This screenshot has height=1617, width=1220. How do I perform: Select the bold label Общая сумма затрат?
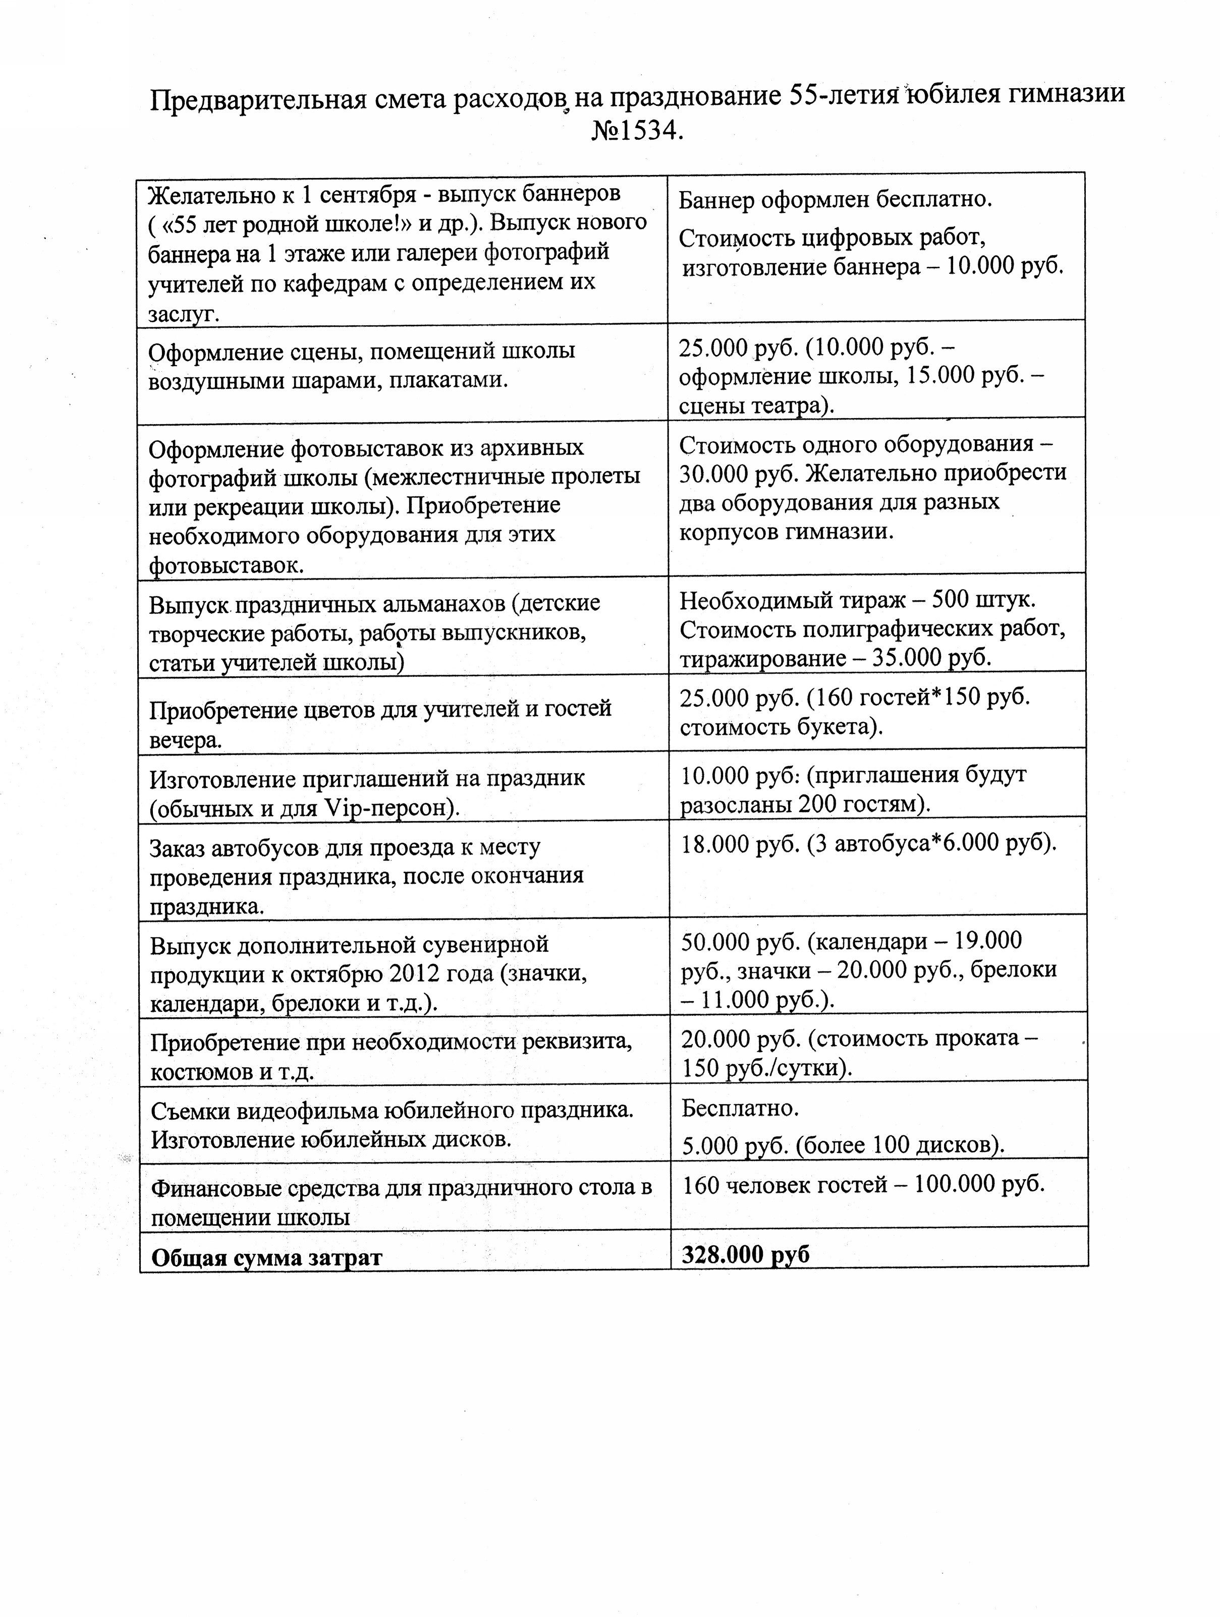(266, 1257)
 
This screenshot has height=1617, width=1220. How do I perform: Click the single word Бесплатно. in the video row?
(740, 1108)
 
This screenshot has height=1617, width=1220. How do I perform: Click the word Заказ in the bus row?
(176, 848)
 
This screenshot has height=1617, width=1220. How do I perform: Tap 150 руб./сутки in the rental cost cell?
(766, 1069)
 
